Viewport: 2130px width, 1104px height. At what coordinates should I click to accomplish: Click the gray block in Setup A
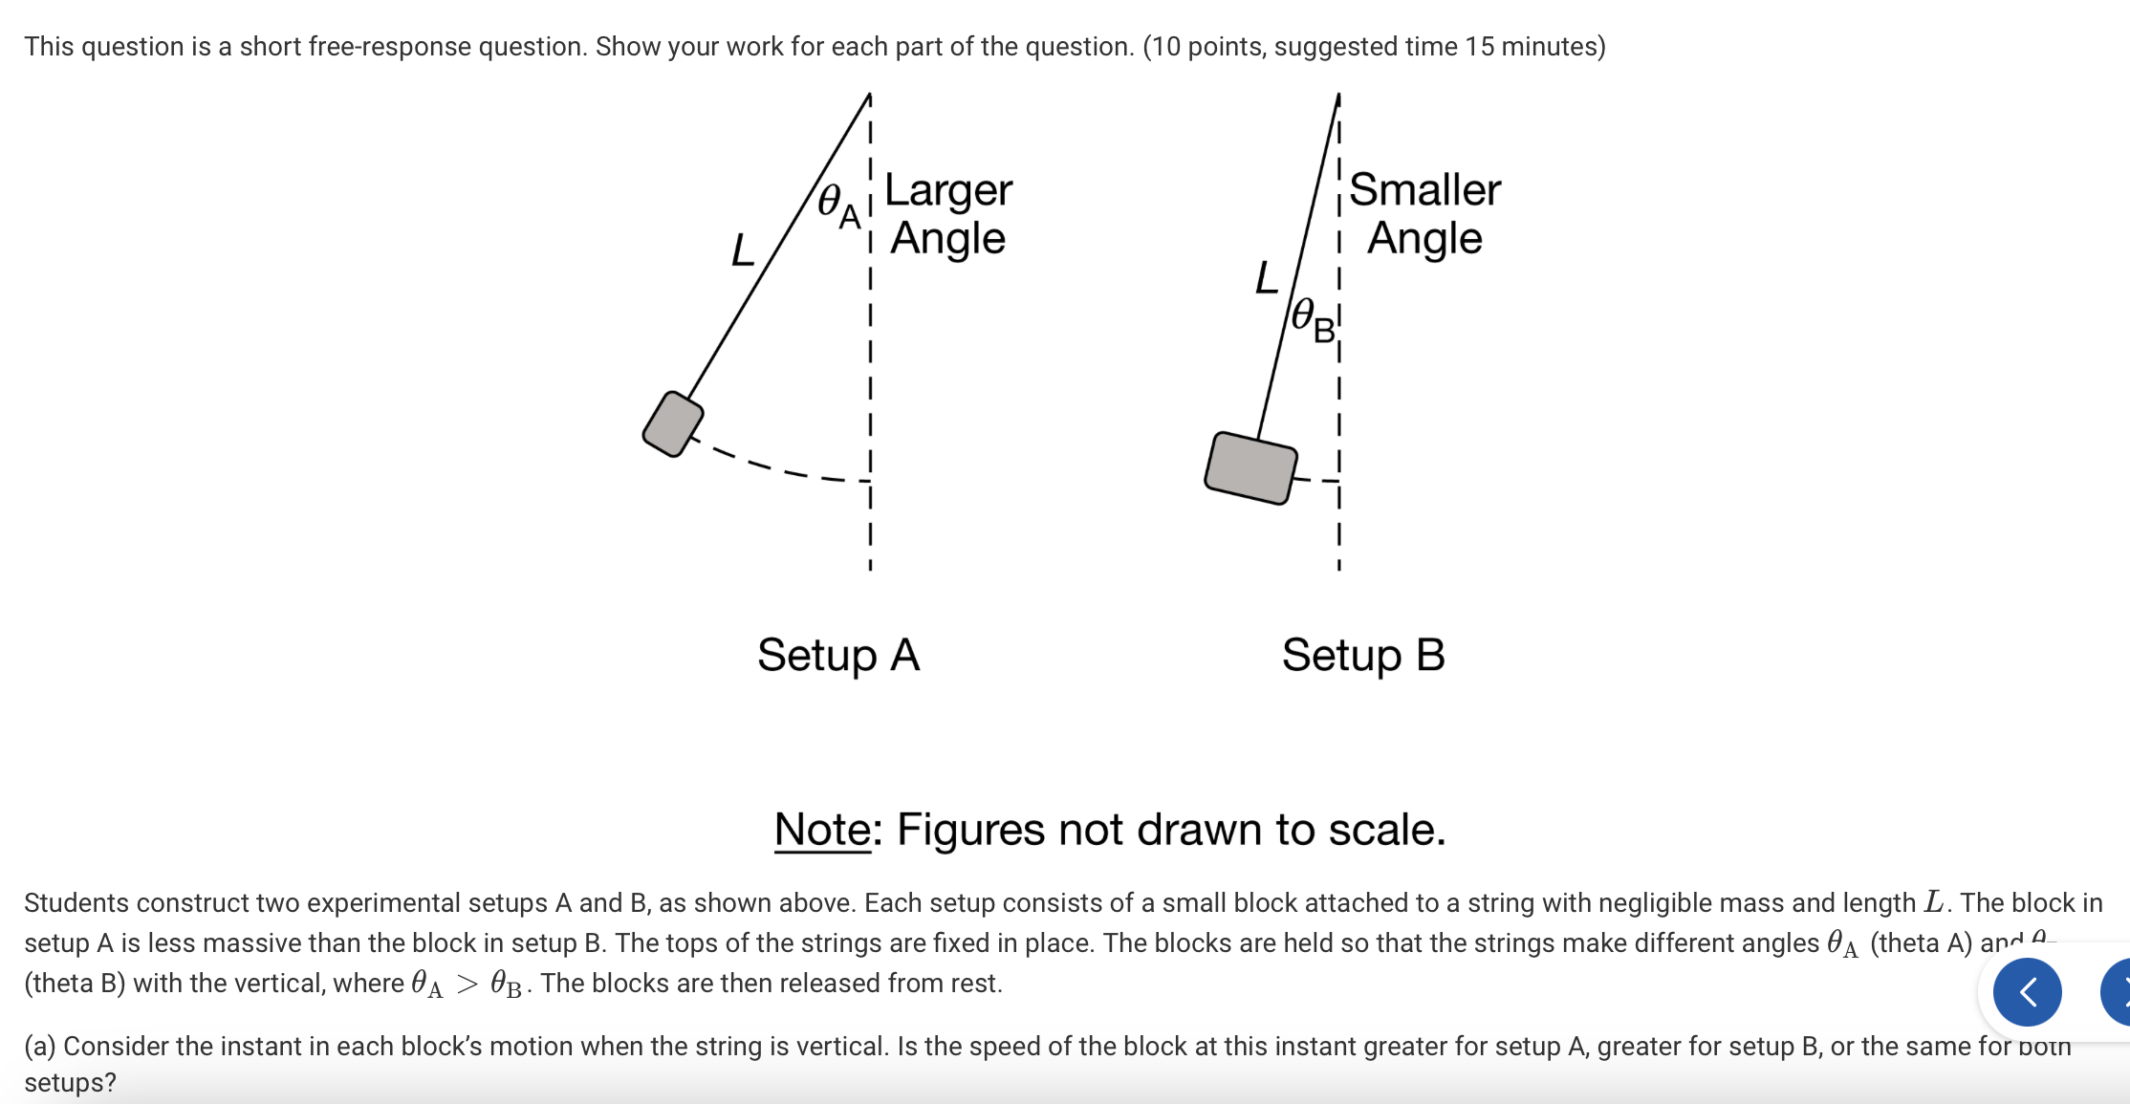pos(673,424)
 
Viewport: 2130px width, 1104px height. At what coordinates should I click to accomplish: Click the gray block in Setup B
pos(1250,467)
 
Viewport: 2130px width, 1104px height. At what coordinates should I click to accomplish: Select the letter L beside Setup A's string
pos(742,250)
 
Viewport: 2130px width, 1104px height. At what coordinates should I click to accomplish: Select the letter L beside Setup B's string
pos(1266,278)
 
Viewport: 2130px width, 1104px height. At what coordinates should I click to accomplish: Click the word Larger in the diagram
pos(947,190)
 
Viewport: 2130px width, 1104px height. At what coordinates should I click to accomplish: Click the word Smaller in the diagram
pos(1424,190)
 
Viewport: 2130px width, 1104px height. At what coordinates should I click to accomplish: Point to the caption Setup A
pos(837,656)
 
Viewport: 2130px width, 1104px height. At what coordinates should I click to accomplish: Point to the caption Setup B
pos(1362,656)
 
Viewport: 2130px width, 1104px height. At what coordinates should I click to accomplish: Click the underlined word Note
pos(822,830)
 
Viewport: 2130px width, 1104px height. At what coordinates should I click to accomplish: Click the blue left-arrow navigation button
pos(2027,992)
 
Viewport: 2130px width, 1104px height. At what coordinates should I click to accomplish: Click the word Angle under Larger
pos(947,238)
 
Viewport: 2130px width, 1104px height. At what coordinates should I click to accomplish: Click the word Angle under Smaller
pos(1424,238)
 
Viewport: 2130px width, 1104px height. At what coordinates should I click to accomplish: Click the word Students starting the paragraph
pos(76,903)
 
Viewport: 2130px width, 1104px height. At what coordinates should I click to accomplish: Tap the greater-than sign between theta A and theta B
pos(467,985)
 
